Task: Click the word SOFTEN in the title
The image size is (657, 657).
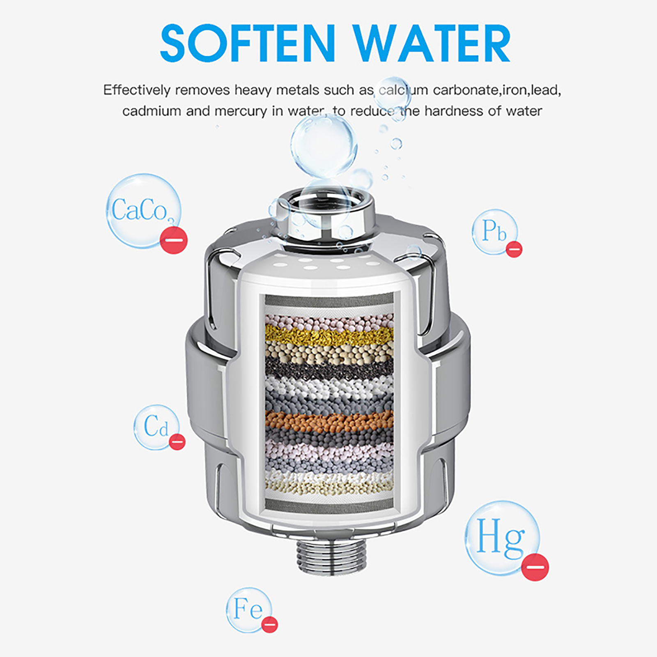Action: click(248, 43)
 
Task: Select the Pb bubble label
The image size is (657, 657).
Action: click(494, 230)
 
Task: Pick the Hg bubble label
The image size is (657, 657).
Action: click(501, 536)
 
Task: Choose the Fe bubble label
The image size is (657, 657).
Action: click(248, 609)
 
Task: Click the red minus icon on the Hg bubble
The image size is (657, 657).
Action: click(535, 567)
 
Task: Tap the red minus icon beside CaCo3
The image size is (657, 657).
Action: click(174, 240)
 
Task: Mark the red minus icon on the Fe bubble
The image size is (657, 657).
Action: click(270, 625)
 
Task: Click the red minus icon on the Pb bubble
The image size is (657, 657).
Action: click(514, 249)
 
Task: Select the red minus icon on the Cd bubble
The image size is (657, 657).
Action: click(177, 442)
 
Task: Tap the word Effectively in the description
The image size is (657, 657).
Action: click(137, 90)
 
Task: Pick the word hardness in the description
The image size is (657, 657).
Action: click(453, 111)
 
